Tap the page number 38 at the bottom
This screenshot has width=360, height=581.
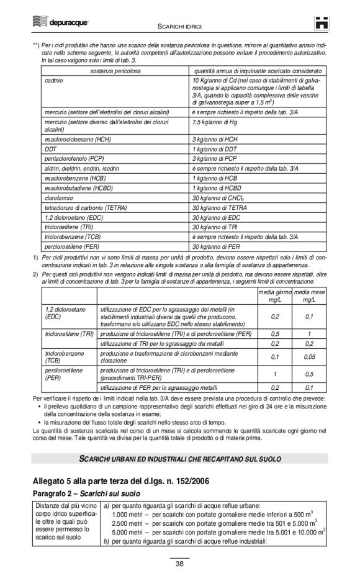click(179, 564)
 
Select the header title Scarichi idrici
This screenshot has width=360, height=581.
click(180, 25)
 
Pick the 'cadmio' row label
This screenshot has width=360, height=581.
click(54, 81)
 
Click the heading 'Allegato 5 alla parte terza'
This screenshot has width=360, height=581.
click(127, 481)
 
